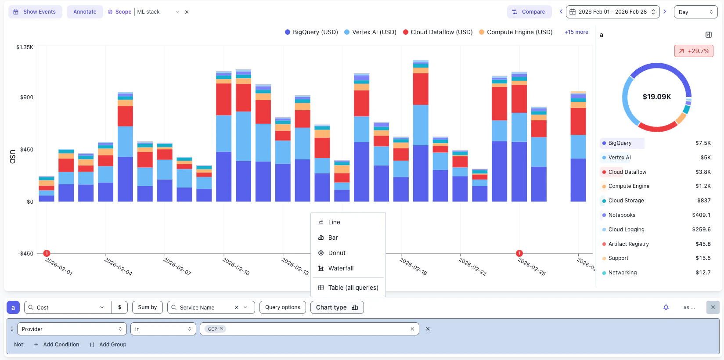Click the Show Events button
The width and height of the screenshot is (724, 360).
point(35,12)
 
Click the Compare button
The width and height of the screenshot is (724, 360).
point(529,12)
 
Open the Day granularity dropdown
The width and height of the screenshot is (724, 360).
point(695,12)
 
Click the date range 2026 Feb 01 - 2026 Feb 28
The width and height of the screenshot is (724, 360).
point(612,12)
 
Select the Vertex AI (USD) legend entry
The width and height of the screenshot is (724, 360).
point(370,32)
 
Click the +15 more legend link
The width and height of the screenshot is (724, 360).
point(576,32)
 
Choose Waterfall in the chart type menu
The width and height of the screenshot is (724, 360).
point(340,268)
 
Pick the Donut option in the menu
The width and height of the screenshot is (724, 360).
point(336,253)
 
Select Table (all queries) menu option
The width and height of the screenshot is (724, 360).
point(353,288)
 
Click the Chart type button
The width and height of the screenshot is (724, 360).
point(337,307)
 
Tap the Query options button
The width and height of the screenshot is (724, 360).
point(282,307)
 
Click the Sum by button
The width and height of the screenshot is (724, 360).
point(147,307)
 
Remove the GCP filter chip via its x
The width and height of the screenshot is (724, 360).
point(221,328)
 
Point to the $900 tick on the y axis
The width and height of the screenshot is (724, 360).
point(26,97)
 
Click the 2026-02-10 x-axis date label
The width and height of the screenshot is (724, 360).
point(236,266)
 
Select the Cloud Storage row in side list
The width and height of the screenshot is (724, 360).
point(626,201)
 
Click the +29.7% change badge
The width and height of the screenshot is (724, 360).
point(694,51)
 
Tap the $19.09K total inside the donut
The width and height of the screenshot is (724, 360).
point(656,97)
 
